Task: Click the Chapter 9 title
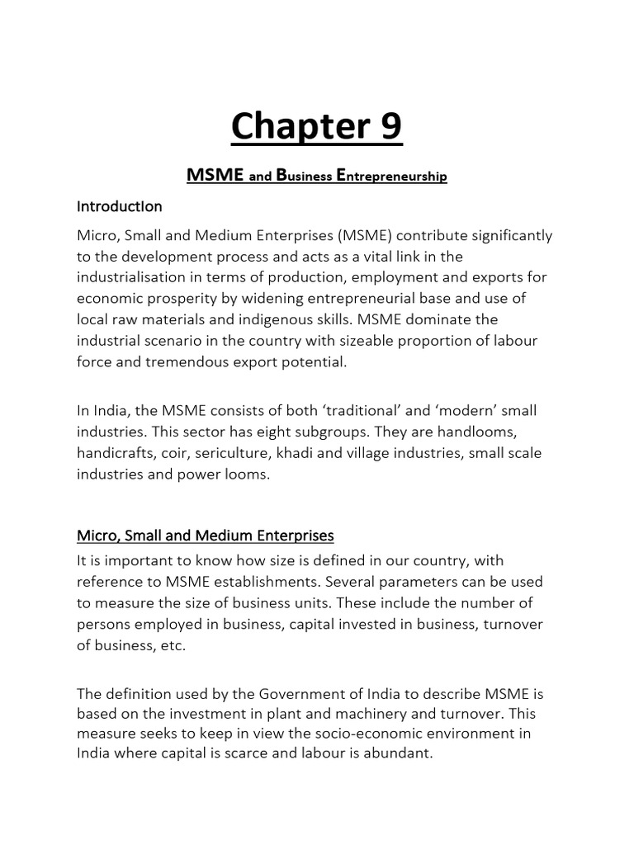[x=316, y=127]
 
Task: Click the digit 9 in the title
[x=389, y=127]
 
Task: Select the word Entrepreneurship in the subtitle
[x=393, y=176]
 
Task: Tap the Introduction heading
[x=120, y=205]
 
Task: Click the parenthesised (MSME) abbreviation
[x=362, y=236]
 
